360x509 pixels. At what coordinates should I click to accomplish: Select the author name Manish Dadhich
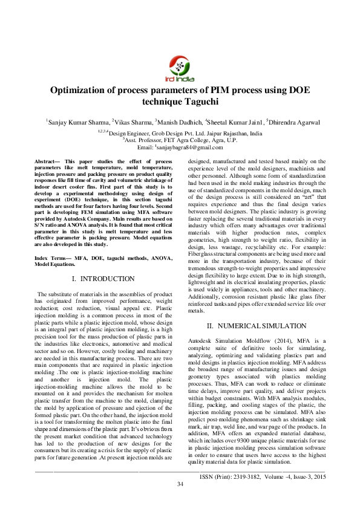(179, 122)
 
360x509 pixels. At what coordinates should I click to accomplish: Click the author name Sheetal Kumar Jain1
(235, 122)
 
